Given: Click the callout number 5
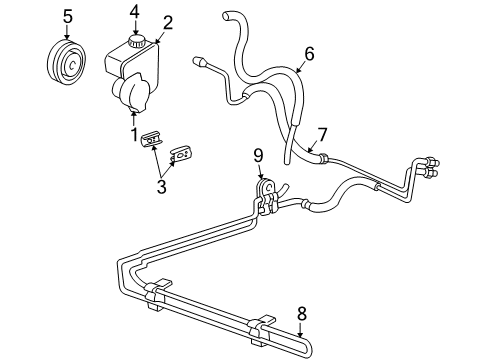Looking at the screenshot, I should click(x=67, y=16).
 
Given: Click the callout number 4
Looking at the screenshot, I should click(x=134, y=12).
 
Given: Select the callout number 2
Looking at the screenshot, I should click(x=168, y=23).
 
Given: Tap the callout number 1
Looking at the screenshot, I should click(x=134, y=133).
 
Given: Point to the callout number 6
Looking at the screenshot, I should click(x=309, y=55).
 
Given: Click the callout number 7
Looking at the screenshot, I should click(x=322, y=133).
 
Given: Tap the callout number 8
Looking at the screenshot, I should click(x=301, y=313).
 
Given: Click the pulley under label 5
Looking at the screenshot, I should click(x=68, y=64).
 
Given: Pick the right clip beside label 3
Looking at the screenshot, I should click(x=183, y=153).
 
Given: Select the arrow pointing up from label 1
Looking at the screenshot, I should click(x=134, y=118).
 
